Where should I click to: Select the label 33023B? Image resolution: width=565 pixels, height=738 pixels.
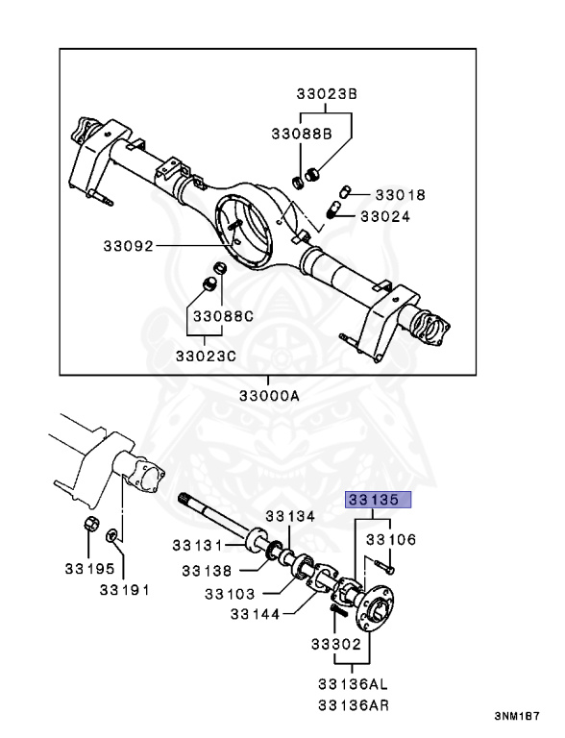[327, 93]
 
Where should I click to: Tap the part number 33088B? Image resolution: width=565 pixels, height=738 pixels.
[302, 134]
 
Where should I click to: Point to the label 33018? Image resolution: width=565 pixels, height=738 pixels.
[400, 194]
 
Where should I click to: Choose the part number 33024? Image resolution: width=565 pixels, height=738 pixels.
[385, 216]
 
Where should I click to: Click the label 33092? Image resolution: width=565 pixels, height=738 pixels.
[129, 246]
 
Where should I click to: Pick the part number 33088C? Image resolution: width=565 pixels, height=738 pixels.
[223, 316]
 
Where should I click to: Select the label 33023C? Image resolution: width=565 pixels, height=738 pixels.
[206, 356]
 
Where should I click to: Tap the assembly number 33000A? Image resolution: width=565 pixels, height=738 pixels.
[269, 395]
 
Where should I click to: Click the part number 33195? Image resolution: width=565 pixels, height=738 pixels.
[89, 569]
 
